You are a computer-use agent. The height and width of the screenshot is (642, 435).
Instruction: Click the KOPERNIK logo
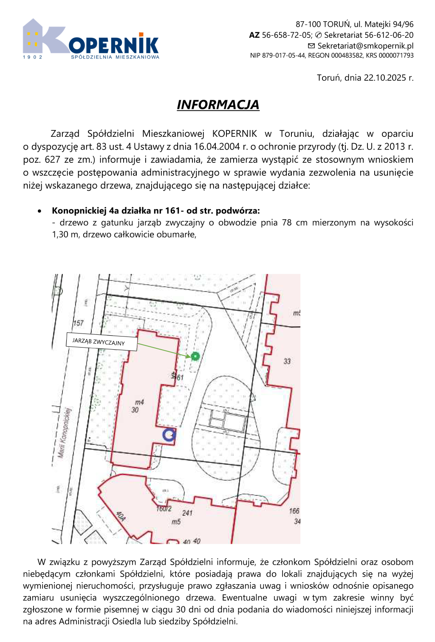coord(91,39)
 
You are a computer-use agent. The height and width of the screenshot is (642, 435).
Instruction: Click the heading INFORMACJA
coord(218,105)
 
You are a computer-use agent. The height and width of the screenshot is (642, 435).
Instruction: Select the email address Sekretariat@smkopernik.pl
coord(365,46)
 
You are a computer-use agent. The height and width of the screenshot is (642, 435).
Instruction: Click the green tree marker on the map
coord(195,356)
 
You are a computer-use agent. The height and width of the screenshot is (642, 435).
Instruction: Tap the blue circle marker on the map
coord(169,435)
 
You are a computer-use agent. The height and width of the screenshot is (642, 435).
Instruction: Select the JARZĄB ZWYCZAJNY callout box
coord(102,342)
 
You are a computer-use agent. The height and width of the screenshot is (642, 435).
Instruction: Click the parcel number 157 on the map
coord(78,323)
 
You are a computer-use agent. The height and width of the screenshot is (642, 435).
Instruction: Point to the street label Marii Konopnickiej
coord(64,433)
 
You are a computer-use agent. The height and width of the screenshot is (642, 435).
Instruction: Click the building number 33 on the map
coord(287,362)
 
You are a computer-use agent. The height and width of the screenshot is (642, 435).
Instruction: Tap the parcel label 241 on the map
coord(187,513)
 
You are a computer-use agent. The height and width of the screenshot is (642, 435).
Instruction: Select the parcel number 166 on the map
coord(294,511)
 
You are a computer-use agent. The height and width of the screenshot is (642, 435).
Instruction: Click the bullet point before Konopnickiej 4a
coord(40,211)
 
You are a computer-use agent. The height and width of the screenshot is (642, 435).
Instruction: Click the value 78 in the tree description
coord(287,223)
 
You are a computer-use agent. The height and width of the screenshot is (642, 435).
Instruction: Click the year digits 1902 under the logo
coord(33,57)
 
